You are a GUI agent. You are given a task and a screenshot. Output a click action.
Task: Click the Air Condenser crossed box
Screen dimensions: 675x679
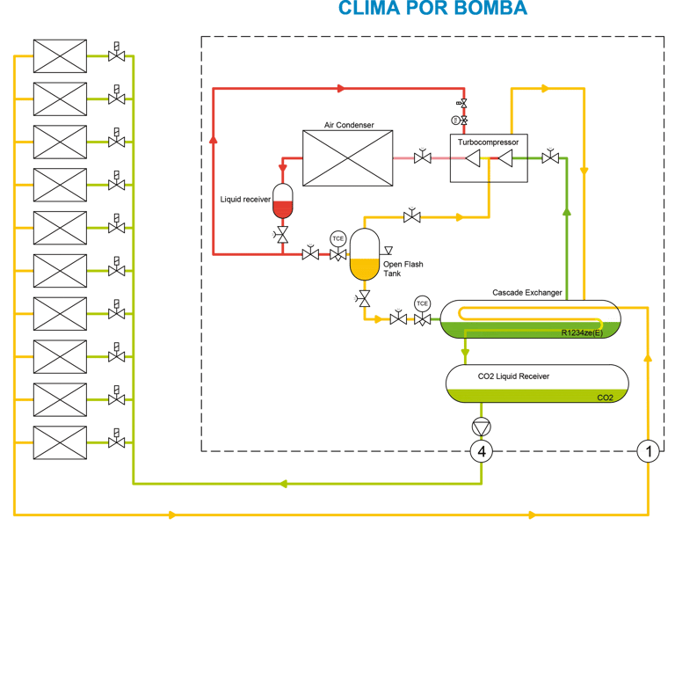(348, 158)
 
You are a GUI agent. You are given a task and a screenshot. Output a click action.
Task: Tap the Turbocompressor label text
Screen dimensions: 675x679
(488, 142)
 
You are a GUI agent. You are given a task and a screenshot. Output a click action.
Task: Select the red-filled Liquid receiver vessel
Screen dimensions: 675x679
(282, 201)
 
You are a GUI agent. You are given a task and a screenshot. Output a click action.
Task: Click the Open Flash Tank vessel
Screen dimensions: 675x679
(365, 255)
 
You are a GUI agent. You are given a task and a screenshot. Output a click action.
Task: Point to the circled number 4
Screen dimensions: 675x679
(482, 451)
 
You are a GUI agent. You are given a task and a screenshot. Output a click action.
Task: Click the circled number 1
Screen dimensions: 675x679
(648, 451)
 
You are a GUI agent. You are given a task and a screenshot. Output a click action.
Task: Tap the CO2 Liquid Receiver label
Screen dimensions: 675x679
(513, 376)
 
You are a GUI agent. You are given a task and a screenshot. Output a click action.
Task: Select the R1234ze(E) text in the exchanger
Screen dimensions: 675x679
(582, 332)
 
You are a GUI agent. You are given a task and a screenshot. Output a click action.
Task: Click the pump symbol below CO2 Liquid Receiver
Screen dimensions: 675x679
(482, 427)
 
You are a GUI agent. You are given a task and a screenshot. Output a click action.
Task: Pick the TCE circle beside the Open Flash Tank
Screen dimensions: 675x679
(337, 238)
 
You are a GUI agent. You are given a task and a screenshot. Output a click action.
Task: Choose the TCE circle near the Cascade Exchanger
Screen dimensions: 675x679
(422, 303)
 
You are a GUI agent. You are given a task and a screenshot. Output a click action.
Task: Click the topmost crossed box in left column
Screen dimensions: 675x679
(60, 56)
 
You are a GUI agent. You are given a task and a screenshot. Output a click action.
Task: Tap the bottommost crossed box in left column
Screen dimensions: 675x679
(60, 442)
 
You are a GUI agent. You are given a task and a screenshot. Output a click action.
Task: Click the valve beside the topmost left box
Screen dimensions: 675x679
(116, 54)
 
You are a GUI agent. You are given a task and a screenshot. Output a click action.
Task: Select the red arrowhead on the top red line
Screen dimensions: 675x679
(341, 88)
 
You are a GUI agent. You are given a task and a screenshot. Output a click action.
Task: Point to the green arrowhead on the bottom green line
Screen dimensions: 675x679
(283, 484)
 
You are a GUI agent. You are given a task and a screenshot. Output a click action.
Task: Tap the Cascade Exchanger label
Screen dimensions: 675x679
(527, 293)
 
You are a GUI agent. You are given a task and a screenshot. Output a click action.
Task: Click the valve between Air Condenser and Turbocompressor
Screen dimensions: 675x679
(422, 157)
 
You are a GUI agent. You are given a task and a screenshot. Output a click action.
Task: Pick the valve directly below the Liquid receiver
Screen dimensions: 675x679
(281, 235)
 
